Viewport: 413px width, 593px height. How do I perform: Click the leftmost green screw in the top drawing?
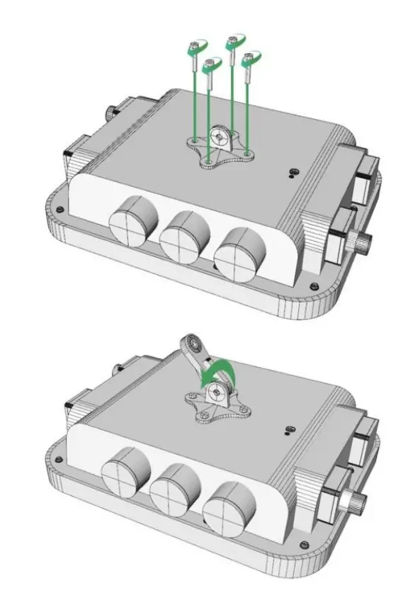pos(193,51)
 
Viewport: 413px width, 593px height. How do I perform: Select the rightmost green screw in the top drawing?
pos(249,60)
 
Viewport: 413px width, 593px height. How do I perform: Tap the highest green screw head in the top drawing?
pos(232,43)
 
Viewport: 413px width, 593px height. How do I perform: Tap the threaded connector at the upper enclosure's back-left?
pos(111,112)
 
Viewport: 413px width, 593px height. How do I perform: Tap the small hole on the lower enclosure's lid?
pos(288,428)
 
